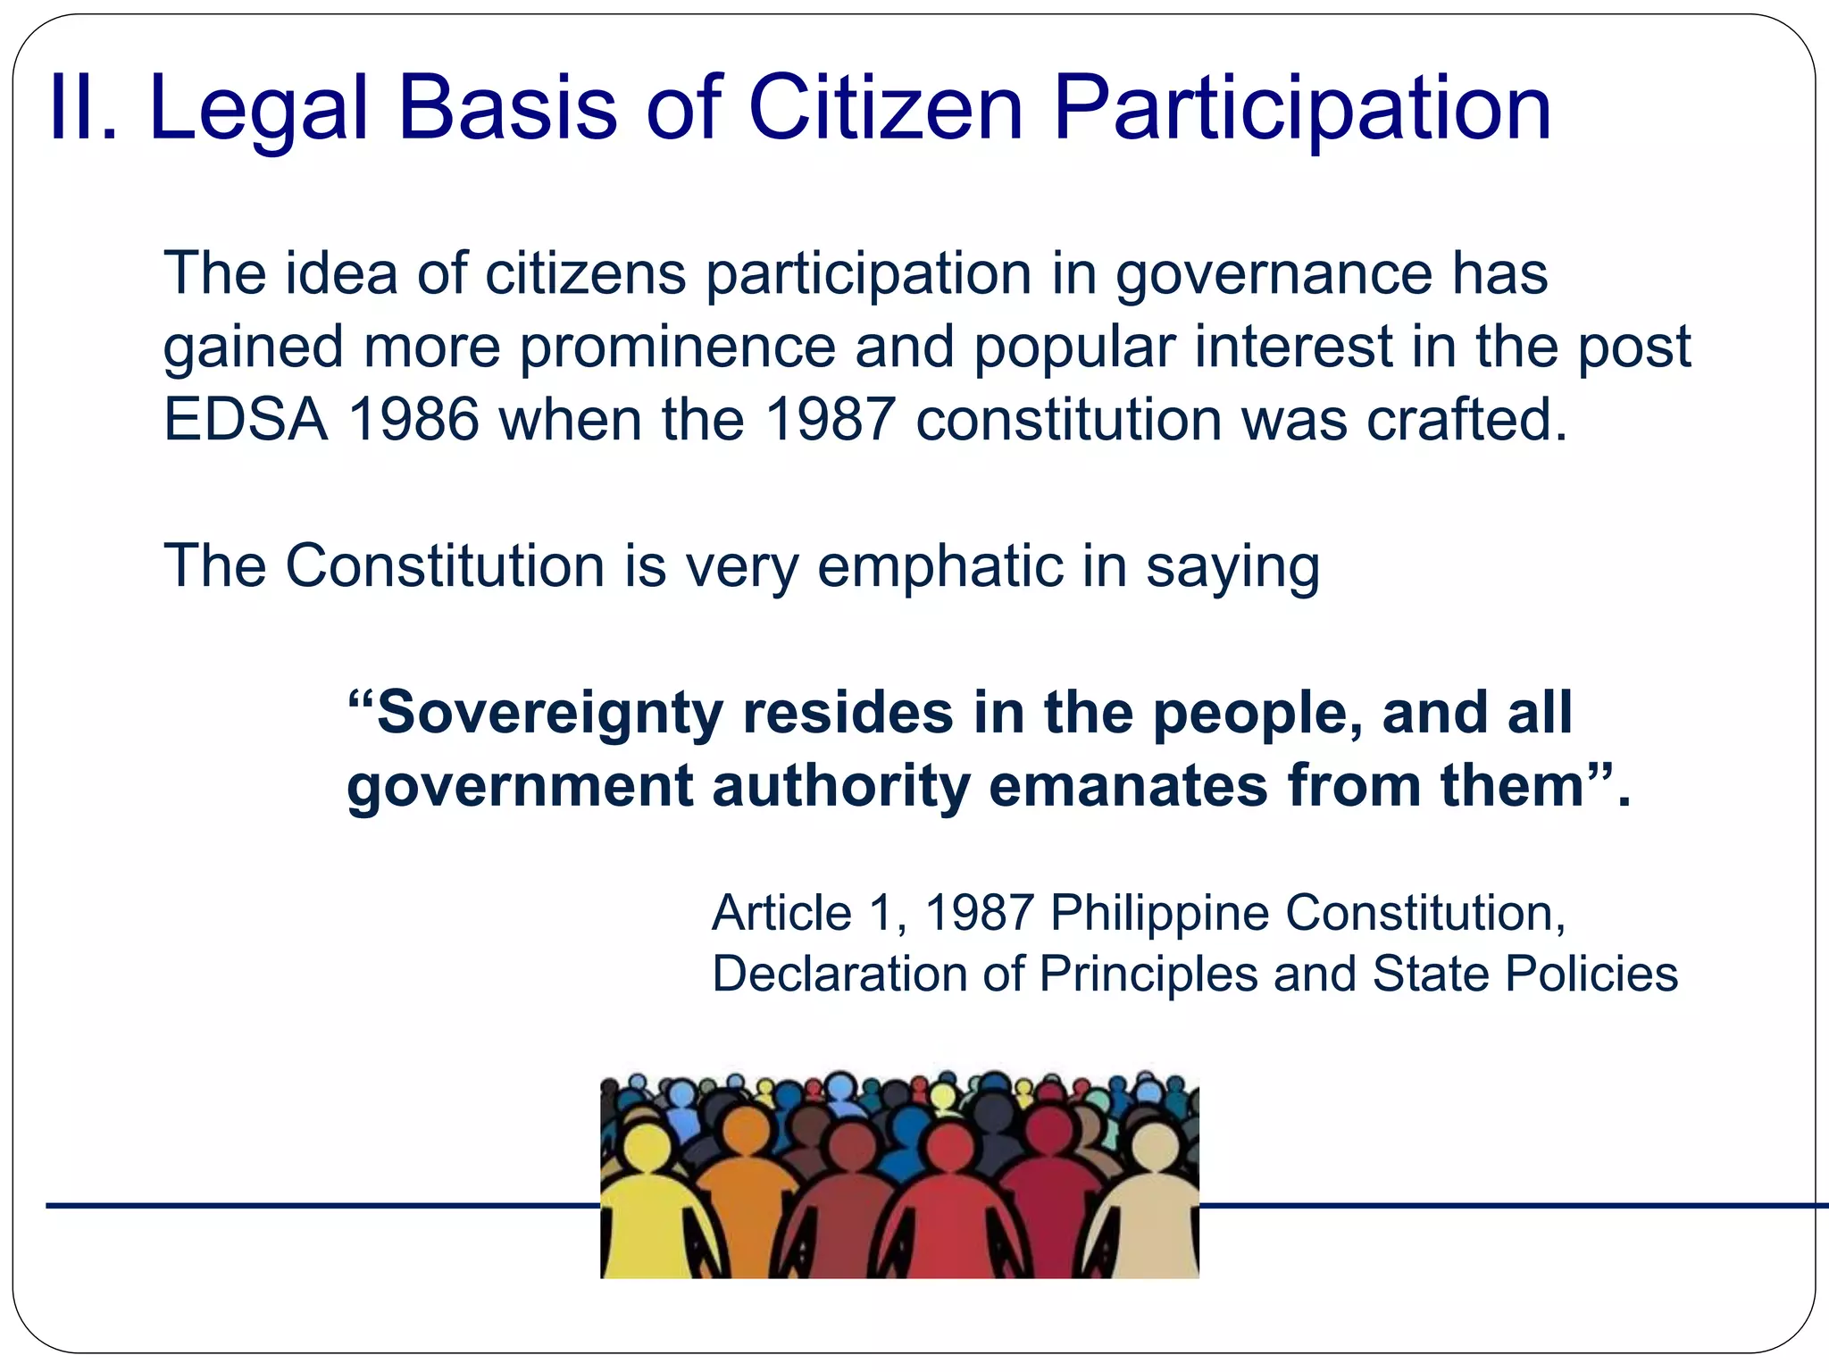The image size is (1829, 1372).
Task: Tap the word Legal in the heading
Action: pos(258,108)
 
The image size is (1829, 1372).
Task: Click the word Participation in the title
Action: pos(1302,108)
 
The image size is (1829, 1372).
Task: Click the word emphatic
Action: pos(940,565)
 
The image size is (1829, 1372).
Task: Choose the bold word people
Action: pos(1258,713)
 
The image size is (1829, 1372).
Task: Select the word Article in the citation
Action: pos(781,913)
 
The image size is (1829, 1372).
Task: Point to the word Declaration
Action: pos(839,974)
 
